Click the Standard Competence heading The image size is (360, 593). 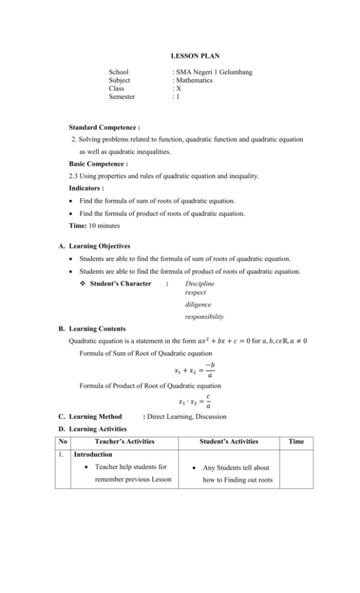104,127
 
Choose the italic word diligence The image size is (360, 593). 200,304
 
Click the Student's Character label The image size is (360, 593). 120,283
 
